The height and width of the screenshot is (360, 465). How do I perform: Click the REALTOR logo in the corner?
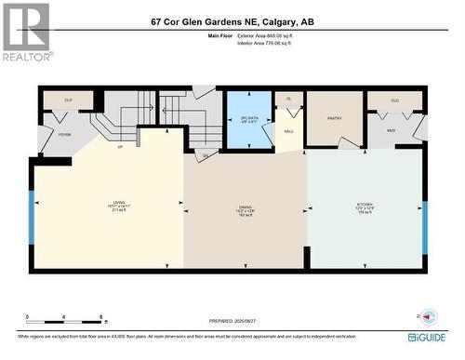click(x=25, y=32)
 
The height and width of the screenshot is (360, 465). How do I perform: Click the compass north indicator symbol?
click(x=429, y=317)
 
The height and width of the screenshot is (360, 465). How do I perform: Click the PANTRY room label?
click(x=336, y=119)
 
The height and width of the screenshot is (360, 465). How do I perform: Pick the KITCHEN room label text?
click(x=365, y=207)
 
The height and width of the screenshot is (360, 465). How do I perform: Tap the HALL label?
click(x=288, y=132)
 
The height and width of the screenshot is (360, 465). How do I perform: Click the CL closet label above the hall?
click(x=288, y=98)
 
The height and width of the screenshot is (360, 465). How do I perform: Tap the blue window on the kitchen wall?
click(x=425, y=227)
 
